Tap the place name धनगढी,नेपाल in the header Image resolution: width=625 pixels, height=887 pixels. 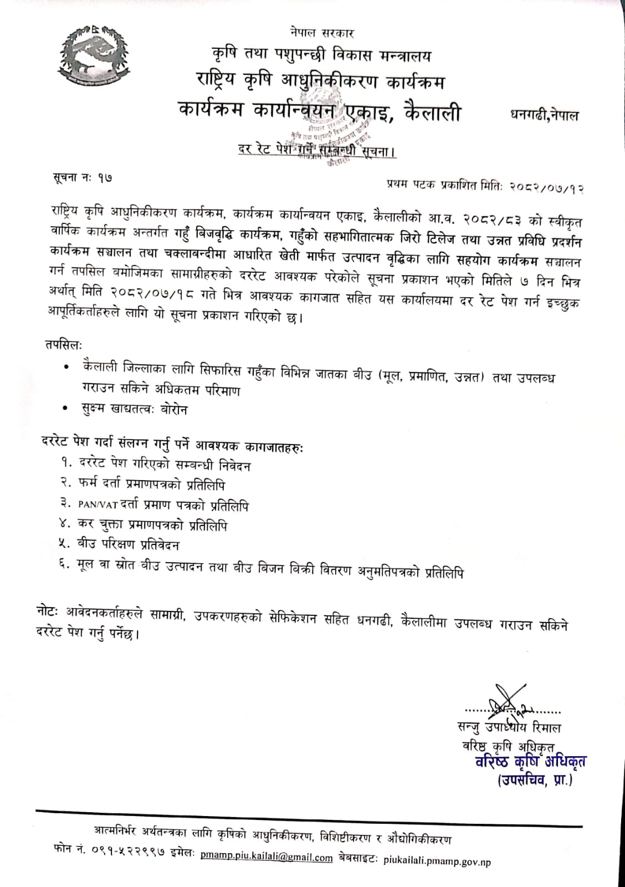coord(544,116)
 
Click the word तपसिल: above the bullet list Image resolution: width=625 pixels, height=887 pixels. coord(64,345)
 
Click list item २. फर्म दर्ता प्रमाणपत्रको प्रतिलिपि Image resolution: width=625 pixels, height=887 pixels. coord(143,485)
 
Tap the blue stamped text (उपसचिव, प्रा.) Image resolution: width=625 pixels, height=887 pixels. coord(535,781)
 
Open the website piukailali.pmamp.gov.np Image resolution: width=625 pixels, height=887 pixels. coord(437,861)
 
